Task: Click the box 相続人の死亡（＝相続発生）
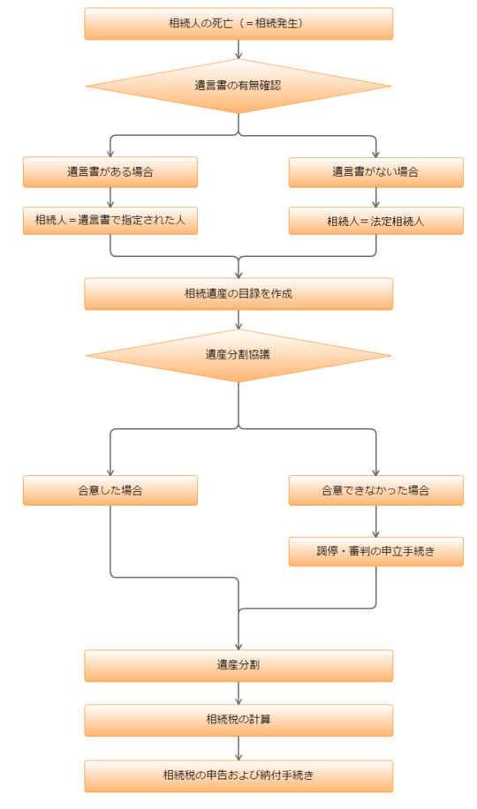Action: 238,23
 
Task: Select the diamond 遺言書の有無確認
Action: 238,86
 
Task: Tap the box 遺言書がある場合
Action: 110,172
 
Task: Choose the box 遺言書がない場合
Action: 375,172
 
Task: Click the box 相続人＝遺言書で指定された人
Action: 110,220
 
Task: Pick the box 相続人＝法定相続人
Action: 375,221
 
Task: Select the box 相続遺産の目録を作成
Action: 238,293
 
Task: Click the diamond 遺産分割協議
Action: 238,355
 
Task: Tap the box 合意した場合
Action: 110,490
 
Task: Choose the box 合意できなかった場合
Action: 375,490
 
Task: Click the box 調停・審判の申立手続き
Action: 375,551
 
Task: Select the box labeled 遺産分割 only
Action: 238,666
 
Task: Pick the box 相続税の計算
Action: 238,720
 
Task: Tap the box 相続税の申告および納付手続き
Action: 238,775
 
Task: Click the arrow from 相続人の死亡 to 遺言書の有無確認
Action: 238,49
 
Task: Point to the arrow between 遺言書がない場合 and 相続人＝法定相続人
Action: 375,197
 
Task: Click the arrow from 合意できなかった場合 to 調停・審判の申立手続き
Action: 375,521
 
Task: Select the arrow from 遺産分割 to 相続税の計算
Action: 238,693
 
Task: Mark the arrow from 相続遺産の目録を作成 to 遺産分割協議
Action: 238,320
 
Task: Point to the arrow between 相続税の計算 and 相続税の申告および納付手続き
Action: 238,748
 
